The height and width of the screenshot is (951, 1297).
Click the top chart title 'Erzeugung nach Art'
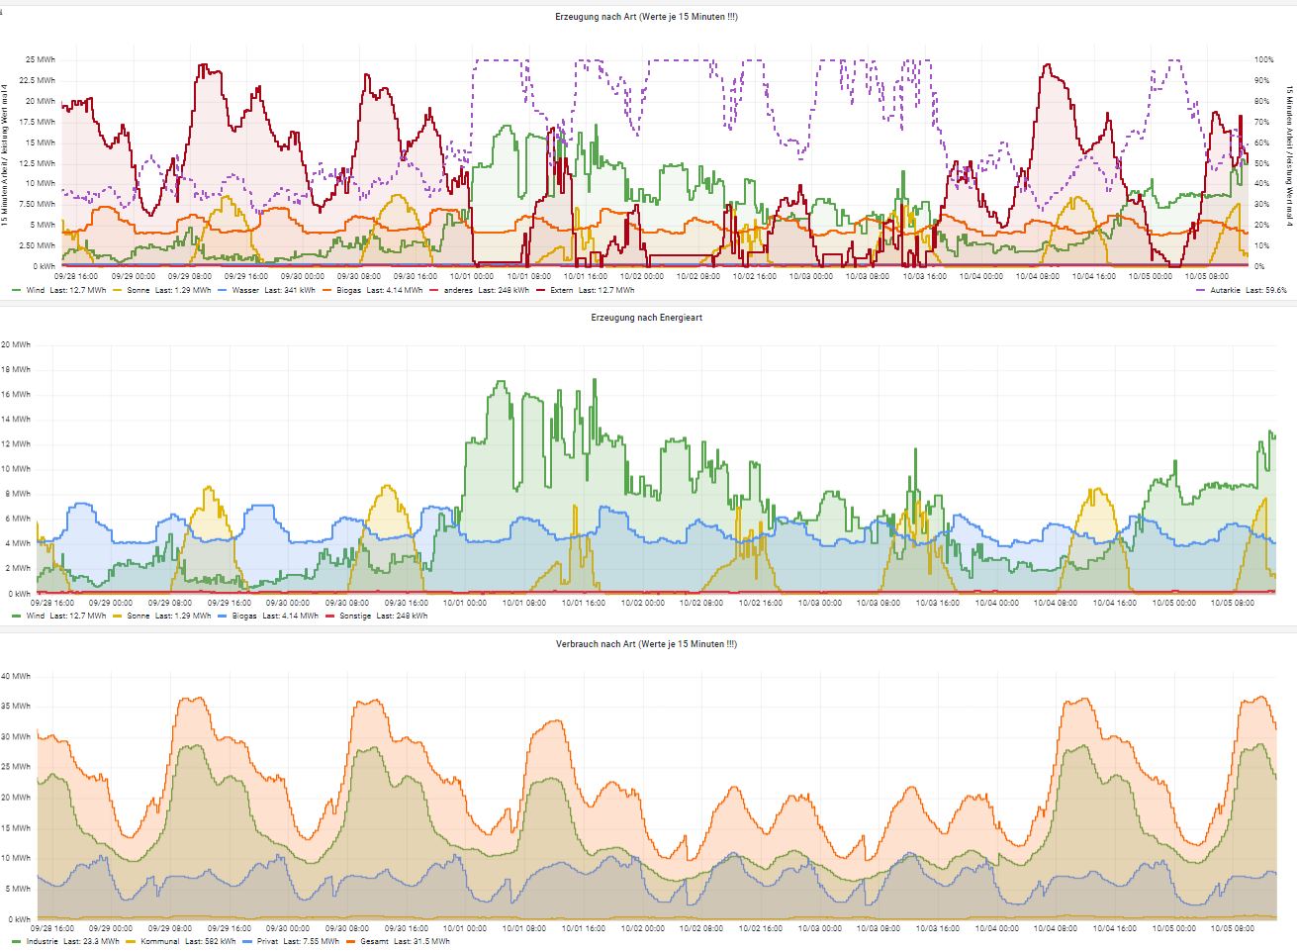pyautogui.click(x=648, y=17)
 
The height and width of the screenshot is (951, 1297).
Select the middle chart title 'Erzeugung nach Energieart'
pyautogui.click(x=647, y=318)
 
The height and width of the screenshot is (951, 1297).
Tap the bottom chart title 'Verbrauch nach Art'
pyautogui.click(x=648, y=644)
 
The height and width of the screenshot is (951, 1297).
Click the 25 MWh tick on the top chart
pyautogui.click(x=42, y=60)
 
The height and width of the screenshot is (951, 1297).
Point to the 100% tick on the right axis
pyautogui.click(x=1263, y=60)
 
